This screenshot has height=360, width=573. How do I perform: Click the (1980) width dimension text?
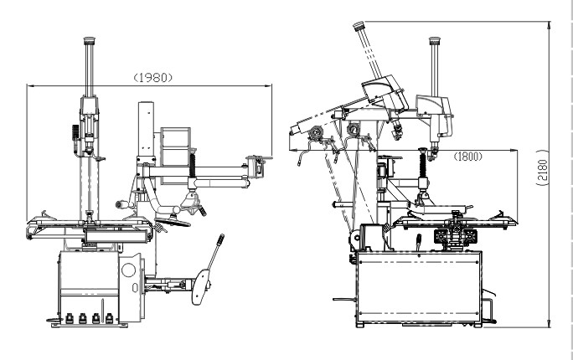point(153,77)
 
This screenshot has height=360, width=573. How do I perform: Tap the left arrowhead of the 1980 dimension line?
point(29,85)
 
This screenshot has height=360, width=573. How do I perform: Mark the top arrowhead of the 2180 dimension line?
point(548,26)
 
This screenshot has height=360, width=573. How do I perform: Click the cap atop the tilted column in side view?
point(359,26)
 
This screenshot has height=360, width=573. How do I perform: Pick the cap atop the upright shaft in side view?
point(434,40)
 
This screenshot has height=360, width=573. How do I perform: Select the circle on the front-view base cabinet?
point(129,271)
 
